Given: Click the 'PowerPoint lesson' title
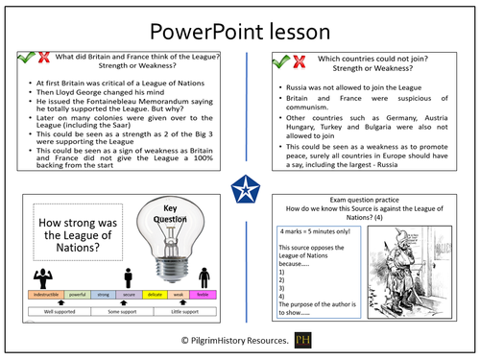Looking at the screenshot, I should (239, 29).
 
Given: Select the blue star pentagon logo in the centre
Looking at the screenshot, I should (240, 183).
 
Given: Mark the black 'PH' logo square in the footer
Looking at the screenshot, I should (303, 341).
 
